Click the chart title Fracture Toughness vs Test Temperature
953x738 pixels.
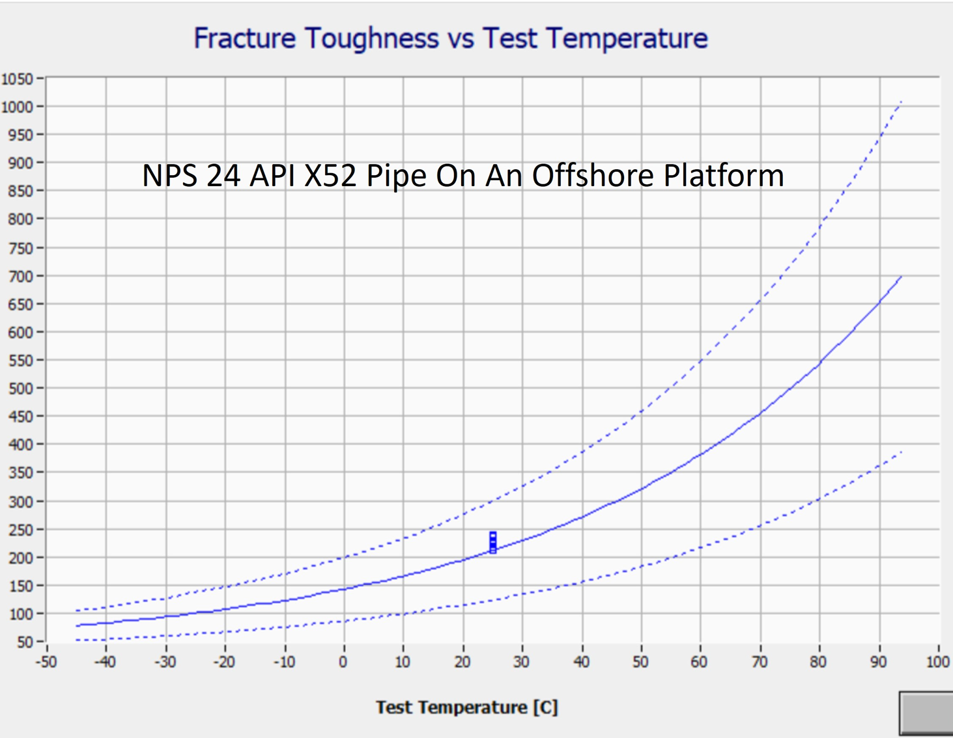pos(450,38)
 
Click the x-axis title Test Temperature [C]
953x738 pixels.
pos(466,707)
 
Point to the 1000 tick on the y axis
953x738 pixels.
pos(17,107)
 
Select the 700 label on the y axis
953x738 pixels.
pos(20,276)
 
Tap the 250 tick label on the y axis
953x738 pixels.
pos(20,530)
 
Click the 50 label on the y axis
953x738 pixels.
pos(25,642)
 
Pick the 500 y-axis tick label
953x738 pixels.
pos(20,389)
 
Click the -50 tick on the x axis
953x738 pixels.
pos(46,663)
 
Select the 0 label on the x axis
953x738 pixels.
pos(343,663)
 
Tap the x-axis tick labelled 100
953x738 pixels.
pos(938,663)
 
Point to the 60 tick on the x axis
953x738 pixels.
pos(700,663)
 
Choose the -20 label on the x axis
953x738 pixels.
pos(224,663)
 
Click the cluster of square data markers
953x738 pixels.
pos(493,542)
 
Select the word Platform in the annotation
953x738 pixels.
pos(724,176)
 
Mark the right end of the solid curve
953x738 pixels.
pos(902,277)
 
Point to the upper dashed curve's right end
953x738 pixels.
pos(902,102)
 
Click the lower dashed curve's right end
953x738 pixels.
pos(902,452)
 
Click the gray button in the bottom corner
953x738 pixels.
pos(926,713)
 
